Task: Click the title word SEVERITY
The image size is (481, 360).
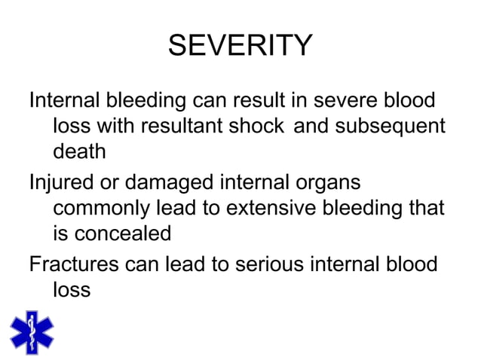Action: (x=240, y=47)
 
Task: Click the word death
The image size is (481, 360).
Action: (x=79, y=151)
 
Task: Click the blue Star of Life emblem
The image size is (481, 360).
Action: (x=32, y=331)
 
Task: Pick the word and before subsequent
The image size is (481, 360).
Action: (x=311, y=126)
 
